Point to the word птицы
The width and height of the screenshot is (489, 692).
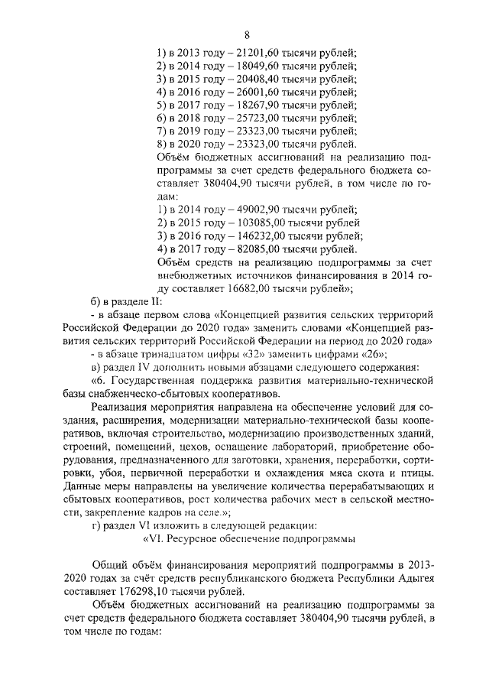pos(421,473)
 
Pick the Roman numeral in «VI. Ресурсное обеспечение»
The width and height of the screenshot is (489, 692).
pos(158,539)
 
